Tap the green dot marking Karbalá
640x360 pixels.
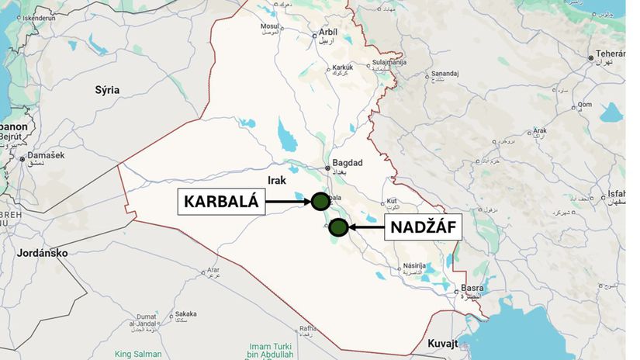[x=320, y=202]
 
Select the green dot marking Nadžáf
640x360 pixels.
[x=337, y=227]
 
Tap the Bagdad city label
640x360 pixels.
[x=347, y=163]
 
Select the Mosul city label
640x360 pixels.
[x=269, y=26]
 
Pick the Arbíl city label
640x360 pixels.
[x=328, y=33]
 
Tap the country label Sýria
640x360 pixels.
[x=107, y=90]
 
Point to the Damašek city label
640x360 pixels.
[x=46, y=156]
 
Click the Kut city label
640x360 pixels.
[x=392, y=201]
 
